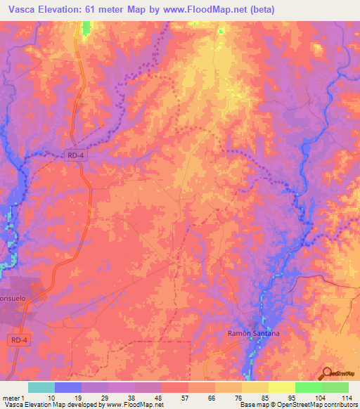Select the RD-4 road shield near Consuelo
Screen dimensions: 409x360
click(x=20, y=340)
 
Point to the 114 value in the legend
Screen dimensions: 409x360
click(x=347, y=396)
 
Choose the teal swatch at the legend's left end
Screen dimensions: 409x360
click(x=41, y=387)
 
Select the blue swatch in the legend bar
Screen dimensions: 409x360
click(x=68, y=387)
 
